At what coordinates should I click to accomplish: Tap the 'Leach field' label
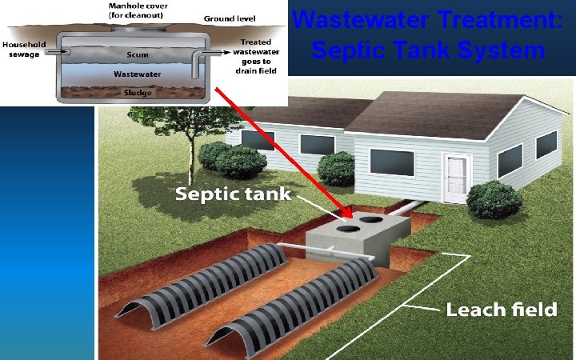501,309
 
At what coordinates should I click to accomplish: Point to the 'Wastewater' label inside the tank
136,74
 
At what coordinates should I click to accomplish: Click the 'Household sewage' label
23,50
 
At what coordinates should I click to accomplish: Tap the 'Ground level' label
230,17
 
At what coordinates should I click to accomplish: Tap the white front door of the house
455,177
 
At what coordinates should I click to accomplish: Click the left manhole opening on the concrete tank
347,228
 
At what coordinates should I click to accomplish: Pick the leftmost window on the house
257,140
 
